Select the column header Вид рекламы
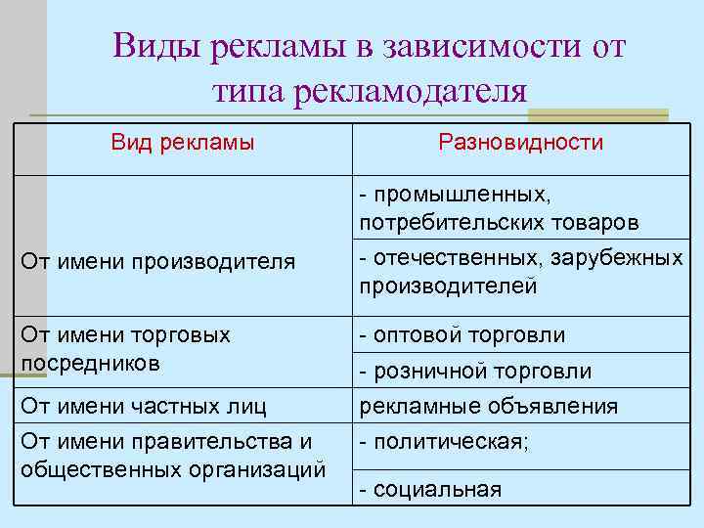(183, 143)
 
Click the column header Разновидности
(521, 143)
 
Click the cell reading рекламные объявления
(489, 406)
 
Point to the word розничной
(427, 371)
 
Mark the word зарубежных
(617, 259)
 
